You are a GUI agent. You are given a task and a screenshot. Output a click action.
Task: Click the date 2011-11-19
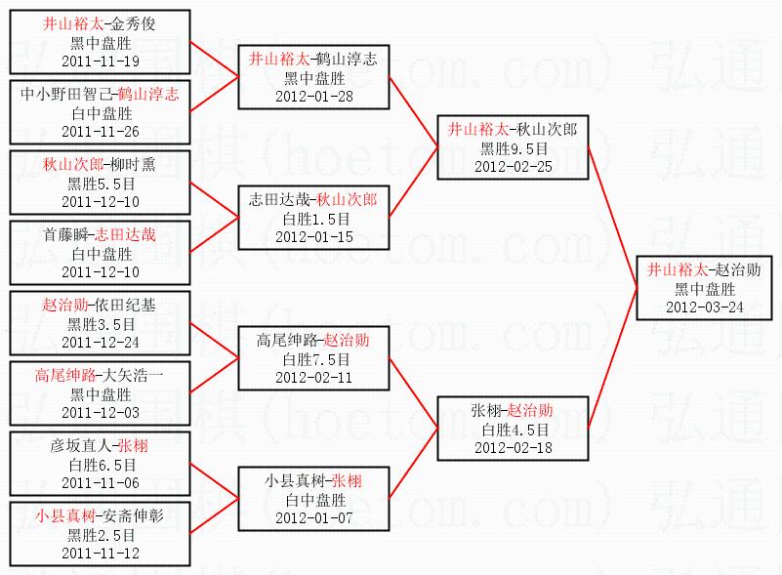[101, 61]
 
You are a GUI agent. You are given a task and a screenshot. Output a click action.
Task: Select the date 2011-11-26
[101, 131]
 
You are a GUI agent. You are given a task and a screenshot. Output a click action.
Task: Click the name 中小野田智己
[65, 95]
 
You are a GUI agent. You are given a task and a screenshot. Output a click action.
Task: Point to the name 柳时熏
[133, 165]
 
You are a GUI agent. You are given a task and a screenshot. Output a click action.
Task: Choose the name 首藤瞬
[63, 234]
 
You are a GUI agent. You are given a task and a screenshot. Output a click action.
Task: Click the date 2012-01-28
[314, 96]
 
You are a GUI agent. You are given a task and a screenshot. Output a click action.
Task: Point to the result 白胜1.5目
[314, 219]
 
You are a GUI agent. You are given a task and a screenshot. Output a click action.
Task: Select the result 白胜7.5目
[314, 359]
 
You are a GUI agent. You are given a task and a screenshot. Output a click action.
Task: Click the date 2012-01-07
[314, 517]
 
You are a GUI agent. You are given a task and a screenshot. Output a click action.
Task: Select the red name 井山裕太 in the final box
[674, 269]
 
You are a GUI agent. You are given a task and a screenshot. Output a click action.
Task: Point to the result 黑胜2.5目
[101, 535]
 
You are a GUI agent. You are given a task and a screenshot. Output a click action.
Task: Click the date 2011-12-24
[101, 342]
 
